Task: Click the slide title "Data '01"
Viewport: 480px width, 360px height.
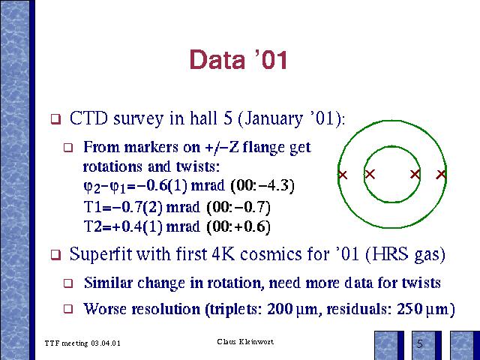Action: point(238,59)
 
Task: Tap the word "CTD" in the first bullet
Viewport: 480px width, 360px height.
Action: point(88,118)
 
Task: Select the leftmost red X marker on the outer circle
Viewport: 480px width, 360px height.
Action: point(343,175)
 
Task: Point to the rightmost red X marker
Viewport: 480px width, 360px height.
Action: point(441,175)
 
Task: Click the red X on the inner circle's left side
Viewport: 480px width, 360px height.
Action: point(370,175)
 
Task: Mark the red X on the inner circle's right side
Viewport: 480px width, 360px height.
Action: point(415,175)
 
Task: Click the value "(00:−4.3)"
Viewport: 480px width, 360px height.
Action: point(262,185)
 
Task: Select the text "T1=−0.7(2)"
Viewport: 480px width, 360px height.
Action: point(123,207)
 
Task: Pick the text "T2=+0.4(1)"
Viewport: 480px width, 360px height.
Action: point(123,226)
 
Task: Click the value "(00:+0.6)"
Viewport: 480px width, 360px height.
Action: point(238,226)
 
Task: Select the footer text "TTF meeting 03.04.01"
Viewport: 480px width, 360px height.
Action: point(82,343)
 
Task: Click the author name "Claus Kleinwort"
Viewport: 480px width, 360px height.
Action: point(245,341)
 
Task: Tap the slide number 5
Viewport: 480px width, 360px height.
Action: point(420,344)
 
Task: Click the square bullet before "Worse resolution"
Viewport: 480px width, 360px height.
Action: point(68,308)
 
